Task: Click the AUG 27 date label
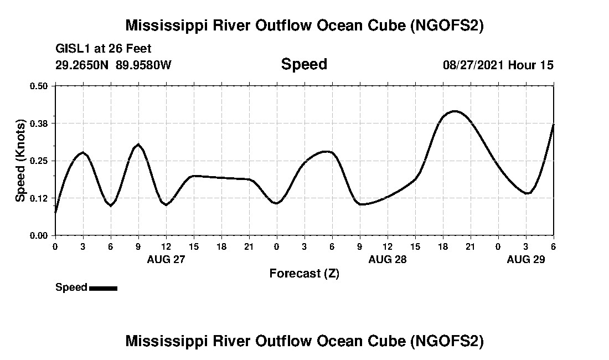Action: coord(166,259)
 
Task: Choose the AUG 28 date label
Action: coord(388,259)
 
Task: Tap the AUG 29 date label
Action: coord(526,259)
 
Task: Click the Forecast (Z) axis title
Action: coord(304,274)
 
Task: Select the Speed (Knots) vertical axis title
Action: coord(20,160)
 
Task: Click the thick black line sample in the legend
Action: coord(103,288)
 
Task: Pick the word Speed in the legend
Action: coord(71,287)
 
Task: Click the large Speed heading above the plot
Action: coord(304,64)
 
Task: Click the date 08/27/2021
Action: coord(473,65)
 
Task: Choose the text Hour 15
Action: coord(531,65)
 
